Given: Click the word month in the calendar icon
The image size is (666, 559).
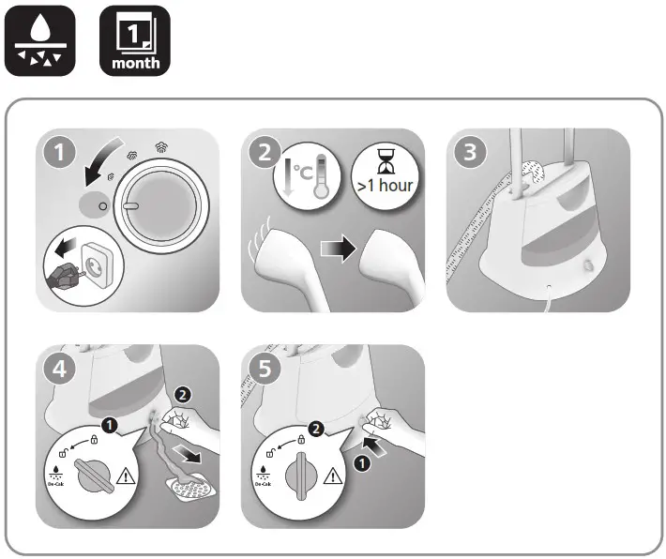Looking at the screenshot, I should tap(135, 65).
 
